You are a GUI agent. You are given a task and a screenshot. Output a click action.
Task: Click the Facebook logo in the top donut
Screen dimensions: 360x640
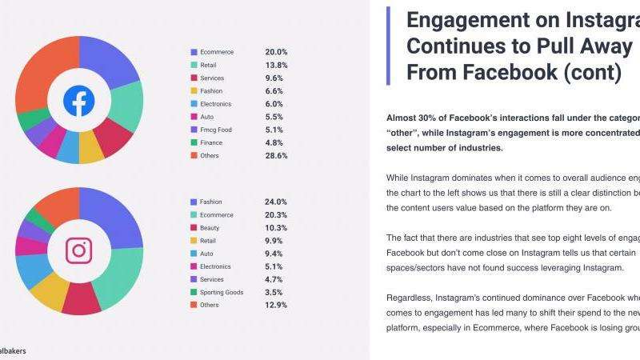pyautogui.click(x=79, y=100)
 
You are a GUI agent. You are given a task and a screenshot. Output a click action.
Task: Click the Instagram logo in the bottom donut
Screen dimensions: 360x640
pyautogui.click(x=79, y=250)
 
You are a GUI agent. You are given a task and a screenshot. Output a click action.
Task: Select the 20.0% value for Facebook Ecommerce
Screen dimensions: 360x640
pyautogui.click(x=276, y=52)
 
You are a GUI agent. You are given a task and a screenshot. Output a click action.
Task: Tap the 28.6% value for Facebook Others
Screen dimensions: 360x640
pyautogui.click(x=276, y=155)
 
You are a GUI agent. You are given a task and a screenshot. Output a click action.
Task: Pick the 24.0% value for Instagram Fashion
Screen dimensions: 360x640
pyautogui.click(x=276, y=202)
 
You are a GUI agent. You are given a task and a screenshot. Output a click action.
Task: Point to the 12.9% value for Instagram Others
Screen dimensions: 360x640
pyautogui.click(x=276, y=305)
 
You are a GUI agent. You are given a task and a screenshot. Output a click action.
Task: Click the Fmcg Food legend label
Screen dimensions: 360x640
pyautogui.click(x=217, y=130)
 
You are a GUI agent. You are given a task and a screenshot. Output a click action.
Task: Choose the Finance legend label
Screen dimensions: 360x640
pyautogui.click(x=212, y=142)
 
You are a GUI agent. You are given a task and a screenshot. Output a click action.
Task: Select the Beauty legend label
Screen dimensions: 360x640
pyautogui.click(x=211, y=227)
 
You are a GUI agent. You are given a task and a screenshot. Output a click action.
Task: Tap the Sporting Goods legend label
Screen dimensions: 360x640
pyautogui.click(x=222, y=292)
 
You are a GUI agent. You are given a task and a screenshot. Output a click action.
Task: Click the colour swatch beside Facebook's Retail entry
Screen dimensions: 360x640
pyautogui.click(x=194, y=65)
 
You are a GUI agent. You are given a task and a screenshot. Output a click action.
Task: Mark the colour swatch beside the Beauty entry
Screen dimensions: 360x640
pyautogui.click(x=194, y=228)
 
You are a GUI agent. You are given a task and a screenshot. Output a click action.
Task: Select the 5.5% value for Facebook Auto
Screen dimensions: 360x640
pyautogui.click(x=274, y=117)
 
